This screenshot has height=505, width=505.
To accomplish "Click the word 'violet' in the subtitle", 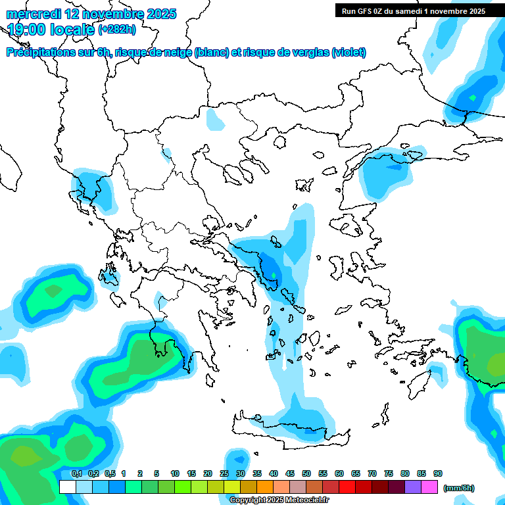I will [x=347, y=52].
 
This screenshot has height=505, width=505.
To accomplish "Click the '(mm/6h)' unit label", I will [x=459, y=488].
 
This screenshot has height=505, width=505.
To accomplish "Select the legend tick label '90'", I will [x=438, y=473].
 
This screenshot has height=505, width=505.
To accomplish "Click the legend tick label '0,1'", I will [x=76, y=473].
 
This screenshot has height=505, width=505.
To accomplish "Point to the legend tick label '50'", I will [x=306, y=473].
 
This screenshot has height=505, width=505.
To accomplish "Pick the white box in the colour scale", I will [x=67, y=487].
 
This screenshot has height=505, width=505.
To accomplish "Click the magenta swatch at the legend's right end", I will [x=429, y=487].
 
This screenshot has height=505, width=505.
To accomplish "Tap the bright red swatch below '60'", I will [x=347, y=487].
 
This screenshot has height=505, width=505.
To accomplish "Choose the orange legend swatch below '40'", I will [x=265, y=487].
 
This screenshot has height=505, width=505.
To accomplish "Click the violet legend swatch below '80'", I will [x=413, y=487].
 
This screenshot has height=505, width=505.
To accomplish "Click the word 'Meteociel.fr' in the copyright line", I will [x=307, y=500].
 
